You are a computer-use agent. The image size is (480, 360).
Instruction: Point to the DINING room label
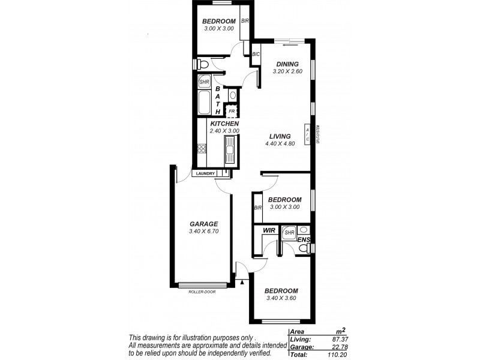(288, 65)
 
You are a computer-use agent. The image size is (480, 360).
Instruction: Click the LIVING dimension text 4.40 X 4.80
(280, 143)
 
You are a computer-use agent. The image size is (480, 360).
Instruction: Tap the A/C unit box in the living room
(308, 135)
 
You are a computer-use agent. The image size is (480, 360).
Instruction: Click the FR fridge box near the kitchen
(231, 112)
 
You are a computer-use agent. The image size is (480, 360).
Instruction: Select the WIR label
(268, 230)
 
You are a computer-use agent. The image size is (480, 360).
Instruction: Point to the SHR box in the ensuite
(289, 232)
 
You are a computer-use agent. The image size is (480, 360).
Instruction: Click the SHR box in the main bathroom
(204, 82)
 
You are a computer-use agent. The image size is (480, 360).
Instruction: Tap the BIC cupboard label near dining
(256, 54)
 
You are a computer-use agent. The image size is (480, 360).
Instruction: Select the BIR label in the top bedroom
(245, 20)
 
